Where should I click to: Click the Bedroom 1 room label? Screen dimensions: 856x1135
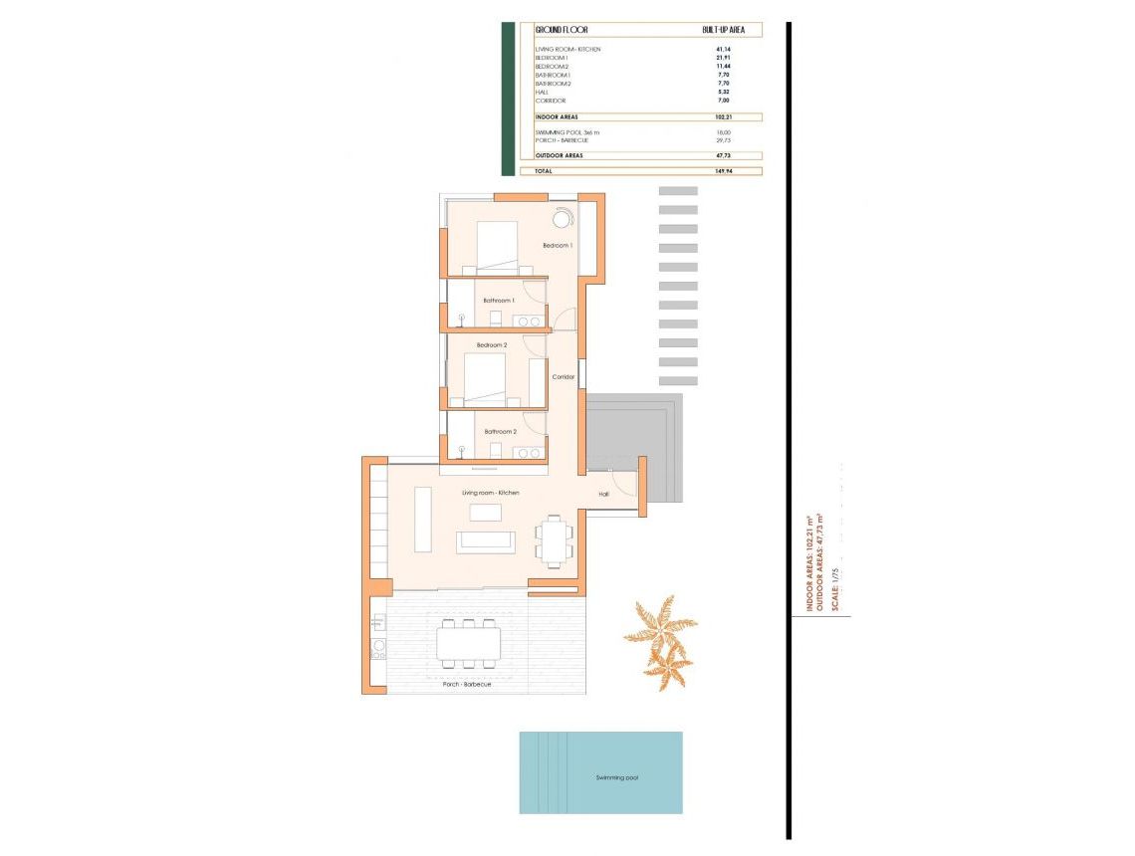point(558,245)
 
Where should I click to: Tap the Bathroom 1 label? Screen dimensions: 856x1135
point(499,300)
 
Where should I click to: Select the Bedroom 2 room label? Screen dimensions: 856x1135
point(492,345)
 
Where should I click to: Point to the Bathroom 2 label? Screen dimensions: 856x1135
point(500,431)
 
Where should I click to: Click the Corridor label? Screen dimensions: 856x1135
point(564,377)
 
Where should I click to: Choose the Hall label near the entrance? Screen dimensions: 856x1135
point(603,494)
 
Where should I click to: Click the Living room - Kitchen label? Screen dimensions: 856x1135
point(490,493)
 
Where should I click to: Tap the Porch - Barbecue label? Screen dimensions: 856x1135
point(467,684)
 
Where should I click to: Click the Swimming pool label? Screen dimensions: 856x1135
point(617,777)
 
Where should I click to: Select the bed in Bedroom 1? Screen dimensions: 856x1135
point(498,246)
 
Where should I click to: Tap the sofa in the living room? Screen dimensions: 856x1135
point(486,541)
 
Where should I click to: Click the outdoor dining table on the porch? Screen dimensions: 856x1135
point(468,644)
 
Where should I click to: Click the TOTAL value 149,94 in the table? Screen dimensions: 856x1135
point(724,171)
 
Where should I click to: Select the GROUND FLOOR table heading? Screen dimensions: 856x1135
point(562,30)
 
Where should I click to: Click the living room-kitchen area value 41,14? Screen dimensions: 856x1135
point(724,49)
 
